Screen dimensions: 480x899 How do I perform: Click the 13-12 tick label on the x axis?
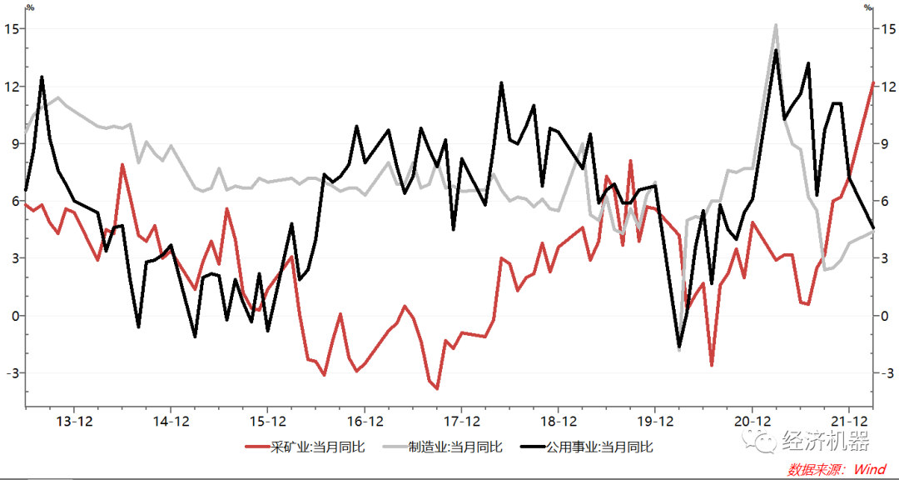click(73, 421)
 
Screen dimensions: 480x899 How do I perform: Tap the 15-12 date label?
click(267, 421)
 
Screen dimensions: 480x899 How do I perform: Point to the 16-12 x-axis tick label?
click(364, 421)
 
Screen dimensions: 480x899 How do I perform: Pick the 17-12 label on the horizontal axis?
click(460, 421)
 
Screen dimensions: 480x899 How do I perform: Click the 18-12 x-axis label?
click(558, 421)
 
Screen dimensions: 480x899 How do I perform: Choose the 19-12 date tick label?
click(654, 421)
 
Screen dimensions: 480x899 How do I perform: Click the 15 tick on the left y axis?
click(12, 29)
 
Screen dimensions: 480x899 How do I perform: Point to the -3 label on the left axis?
click(12, 372)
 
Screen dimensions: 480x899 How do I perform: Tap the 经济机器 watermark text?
click(824, 442)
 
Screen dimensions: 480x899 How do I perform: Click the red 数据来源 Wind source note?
click(837, 469)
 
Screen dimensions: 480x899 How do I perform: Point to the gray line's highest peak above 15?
click(775, 25)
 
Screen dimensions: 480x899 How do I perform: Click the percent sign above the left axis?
click(30, 7)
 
